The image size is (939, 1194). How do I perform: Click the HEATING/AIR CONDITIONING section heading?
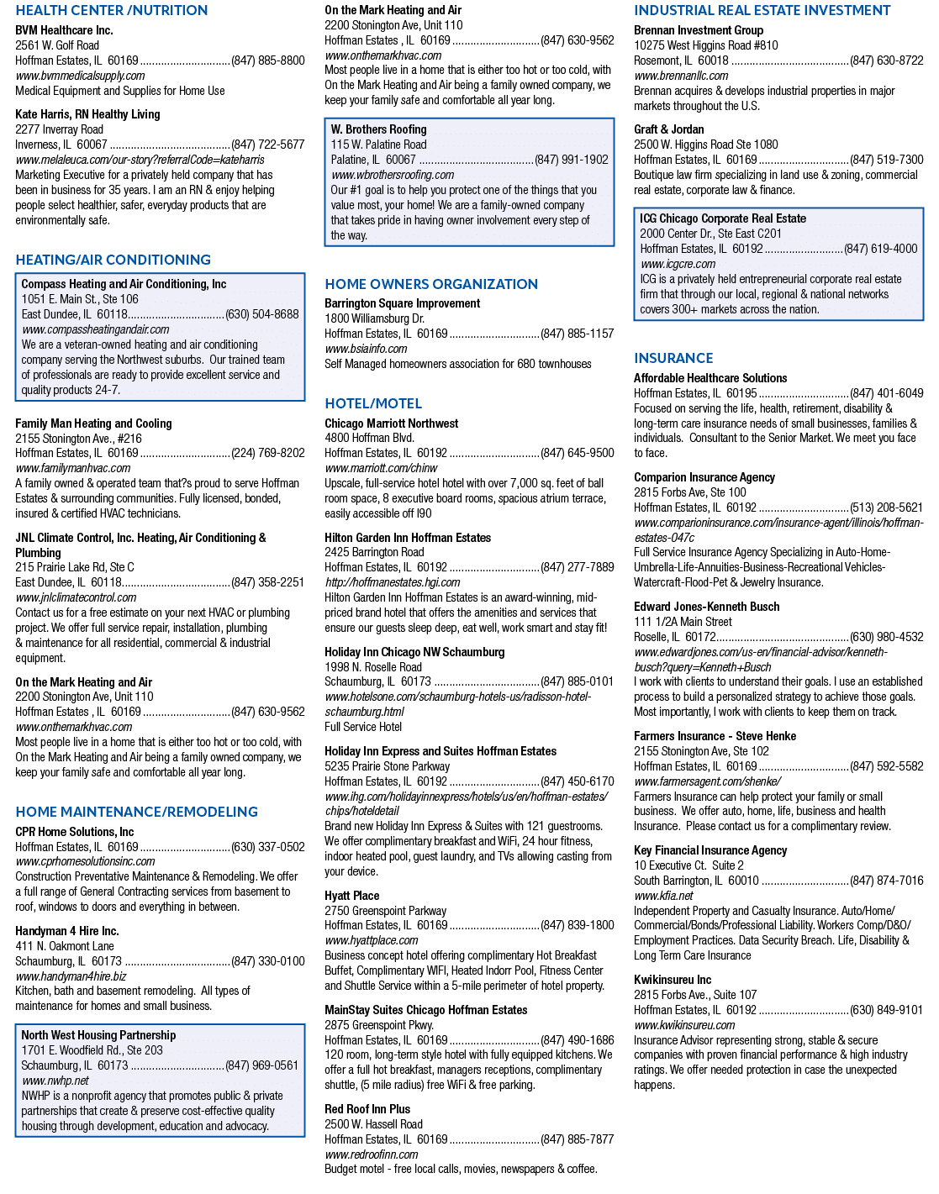tap(113, 260)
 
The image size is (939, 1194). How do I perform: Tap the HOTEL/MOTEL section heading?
tap(373, 403)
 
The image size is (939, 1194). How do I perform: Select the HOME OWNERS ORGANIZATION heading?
tap(431, 283)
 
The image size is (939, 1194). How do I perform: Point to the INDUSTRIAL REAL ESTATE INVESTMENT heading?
tap(762, 10)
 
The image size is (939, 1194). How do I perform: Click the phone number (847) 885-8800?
tap(267, 60)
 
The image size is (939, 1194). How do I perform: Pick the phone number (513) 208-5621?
tap(887, 508)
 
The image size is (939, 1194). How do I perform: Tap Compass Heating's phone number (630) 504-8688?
tap(262, 314)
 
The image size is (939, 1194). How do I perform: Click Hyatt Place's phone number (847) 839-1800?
tap(578, 925)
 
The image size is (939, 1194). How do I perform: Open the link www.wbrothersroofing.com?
tap(393, 175)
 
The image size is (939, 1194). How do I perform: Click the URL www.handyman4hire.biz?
tap(71, 976)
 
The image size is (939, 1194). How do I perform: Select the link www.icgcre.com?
tap(678, 264)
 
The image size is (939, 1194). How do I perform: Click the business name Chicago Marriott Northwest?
tap(391, 423)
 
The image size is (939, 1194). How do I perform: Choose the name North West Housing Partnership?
tap(98, 1034)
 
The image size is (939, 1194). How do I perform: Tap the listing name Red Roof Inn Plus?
tap(367, 1109)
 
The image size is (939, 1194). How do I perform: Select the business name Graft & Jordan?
tap(668, 129)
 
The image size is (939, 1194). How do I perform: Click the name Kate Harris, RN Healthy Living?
tap(87, 114)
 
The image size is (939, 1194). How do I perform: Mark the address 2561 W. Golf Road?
tap(57, 45)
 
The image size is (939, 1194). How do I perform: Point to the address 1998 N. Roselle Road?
tap(373, 666)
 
